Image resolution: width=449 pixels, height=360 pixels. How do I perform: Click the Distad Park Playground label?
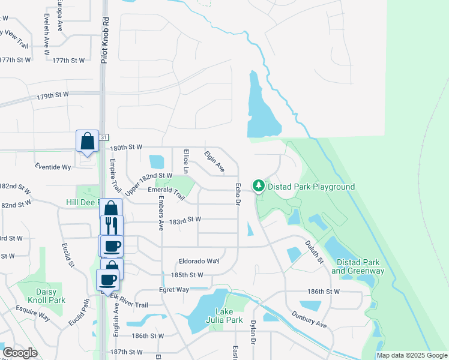pos(311,187)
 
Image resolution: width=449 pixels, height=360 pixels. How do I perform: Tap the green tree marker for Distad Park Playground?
pos(259,186)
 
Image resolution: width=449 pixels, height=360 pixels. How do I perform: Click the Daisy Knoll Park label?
pos(41,295)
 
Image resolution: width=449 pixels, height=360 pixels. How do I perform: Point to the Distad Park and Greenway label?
pos(358,267)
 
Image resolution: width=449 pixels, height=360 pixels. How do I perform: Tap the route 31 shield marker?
pos(104,137)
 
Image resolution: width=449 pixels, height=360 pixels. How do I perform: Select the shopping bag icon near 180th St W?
pos(87,142)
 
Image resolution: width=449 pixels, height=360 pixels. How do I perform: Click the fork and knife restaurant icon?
pos(112,226)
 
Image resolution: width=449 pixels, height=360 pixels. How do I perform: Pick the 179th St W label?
pos(53,95)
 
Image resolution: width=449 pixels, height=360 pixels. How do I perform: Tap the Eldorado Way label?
pos(199,262)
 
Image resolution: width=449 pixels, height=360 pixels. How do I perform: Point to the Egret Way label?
pos(175,290)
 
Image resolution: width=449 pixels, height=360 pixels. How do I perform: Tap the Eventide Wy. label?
pos(53,166)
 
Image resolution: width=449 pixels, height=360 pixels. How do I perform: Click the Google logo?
pos(20,353)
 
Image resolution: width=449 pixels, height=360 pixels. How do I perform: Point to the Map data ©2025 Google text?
pos(411,355)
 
